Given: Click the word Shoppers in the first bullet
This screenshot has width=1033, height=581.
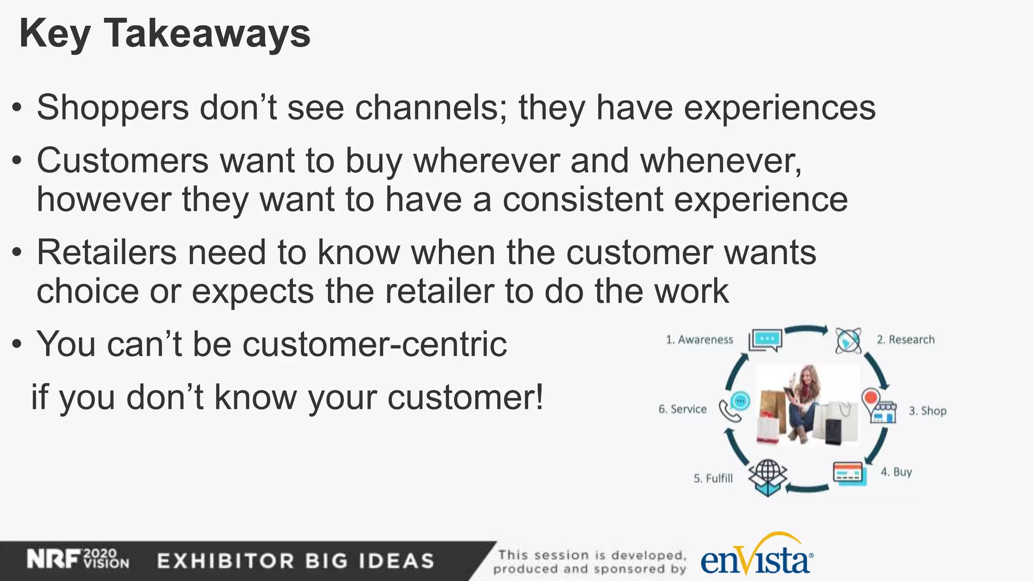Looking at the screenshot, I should click(x=112, y=108).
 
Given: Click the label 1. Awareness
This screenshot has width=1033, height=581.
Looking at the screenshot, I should click(x=699, y=340).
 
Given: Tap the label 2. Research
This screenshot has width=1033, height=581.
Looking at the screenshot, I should click(x=905, y=340).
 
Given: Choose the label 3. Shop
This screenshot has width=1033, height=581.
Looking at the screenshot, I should click(x=928, y=411).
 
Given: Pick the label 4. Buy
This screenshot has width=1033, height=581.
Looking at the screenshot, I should click(x=896, y=472).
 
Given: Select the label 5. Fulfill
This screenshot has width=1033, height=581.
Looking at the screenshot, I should click(x=713, y=479).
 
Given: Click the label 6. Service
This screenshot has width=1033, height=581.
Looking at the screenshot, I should click(x=682, y=410).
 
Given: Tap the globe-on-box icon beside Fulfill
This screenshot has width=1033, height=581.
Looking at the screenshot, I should click(x=767, y=477).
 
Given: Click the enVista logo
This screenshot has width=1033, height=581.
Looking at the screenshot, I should click(x=756, y=559).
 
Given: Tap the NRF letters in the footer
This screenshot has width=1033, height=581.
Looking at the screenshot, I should click(x=53, y=559).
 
